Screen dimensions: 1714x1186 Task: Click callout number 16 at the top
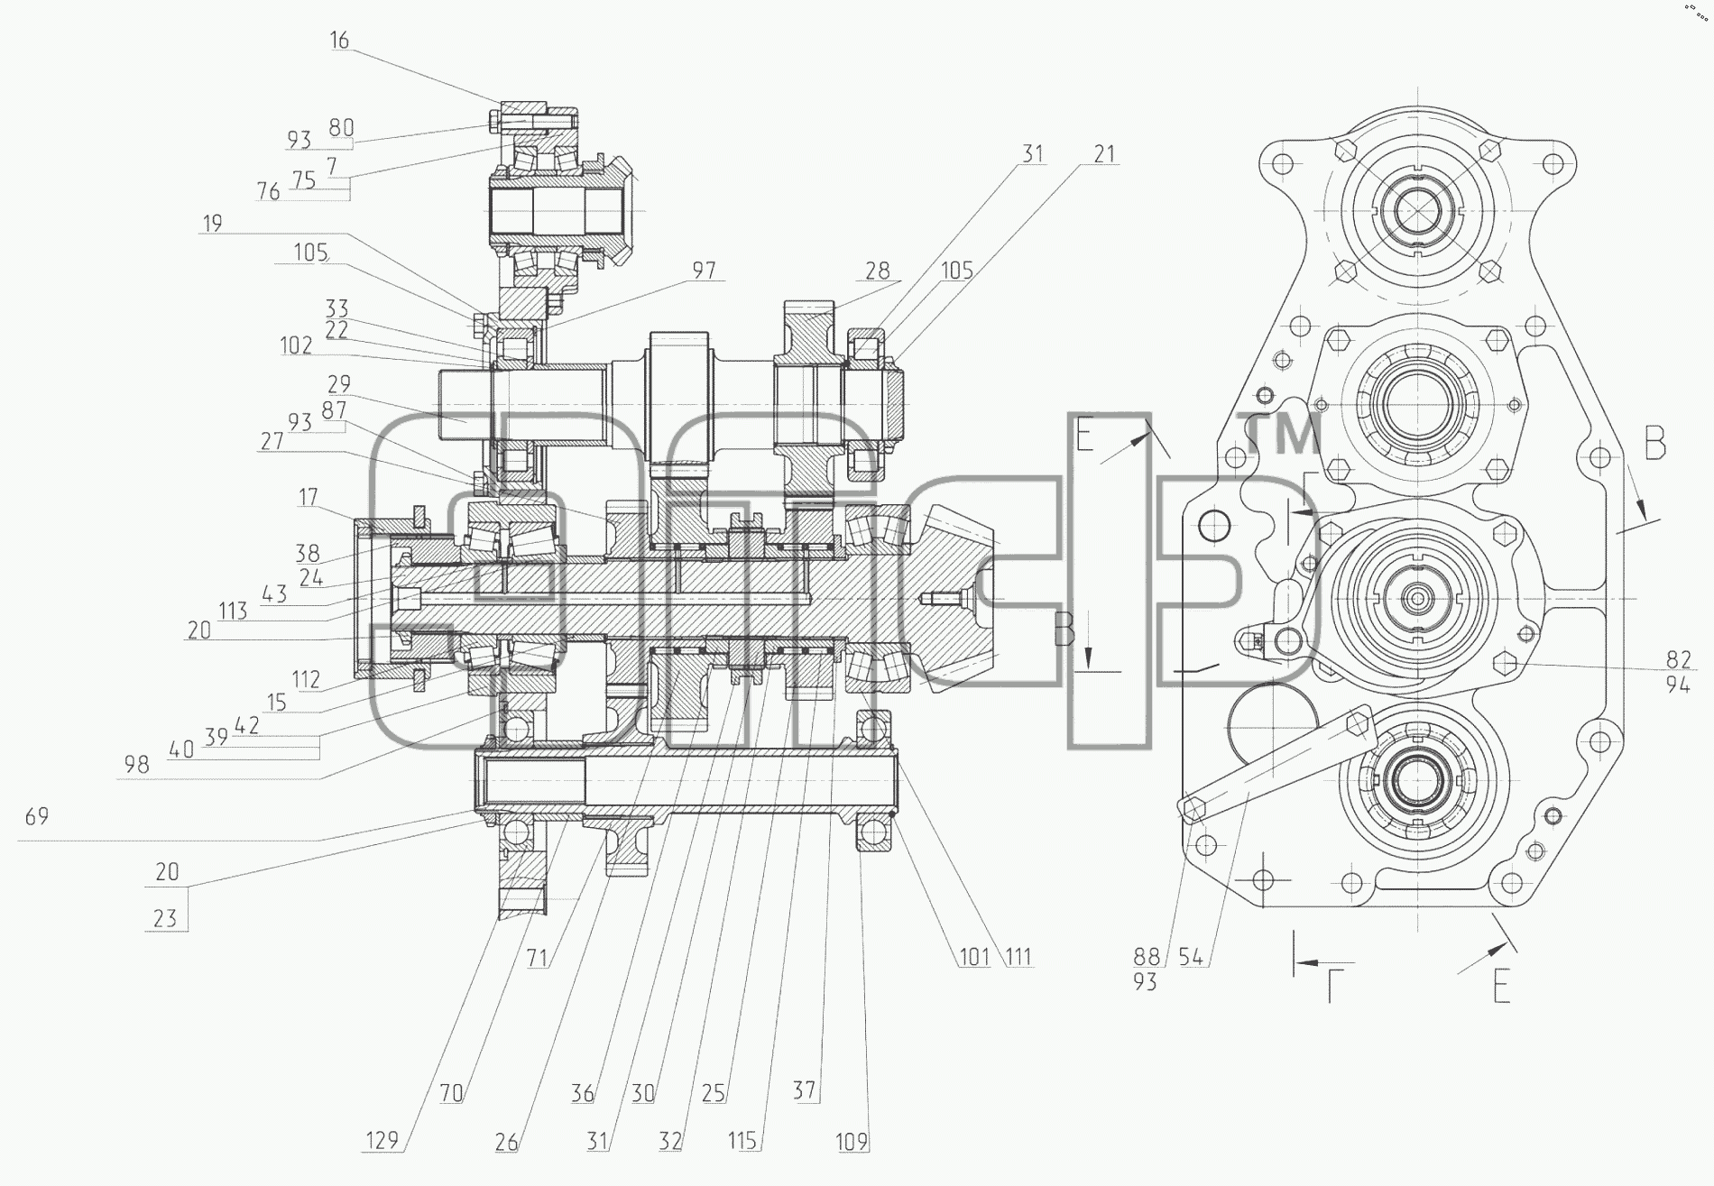coord(339,40)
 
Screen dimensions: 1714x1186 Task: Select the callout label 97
coord(704,270)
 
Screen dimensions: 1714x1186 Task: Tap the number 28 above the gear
coord(877,270)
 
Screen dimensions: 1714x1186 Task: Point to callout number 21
coord(1104,154)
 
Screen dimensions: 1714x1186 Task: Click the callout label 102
coord(296,345)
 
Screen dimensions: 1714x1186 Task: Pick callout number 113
coord(233,611)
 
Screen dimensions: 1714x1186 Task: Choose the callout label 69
coord(37,816)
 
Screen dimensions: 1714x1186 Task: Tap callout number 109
coord(851,1142)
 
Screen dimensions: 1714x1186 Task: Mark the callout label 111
coord(1018,956)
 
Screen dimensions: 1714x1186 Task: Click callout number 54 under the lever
coord(1191,957)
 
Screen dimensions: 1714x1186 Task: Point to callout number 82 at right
coord(1678,661)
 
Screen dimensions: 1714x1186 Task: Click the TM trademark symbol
coord(1285,434)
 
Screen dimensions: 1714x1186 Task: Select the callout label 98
coord(136,766)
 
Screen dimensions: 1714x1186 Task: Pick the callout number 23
coord(165,918)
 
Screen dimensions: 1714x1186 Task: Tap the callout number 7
coord(331,166)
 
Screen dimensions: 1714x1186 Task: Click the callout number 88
coord(1146,957)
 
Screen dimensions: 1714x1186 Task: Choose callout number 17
coord(309,497)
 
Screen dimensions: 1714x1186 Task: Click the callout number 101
coord(974,956)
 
